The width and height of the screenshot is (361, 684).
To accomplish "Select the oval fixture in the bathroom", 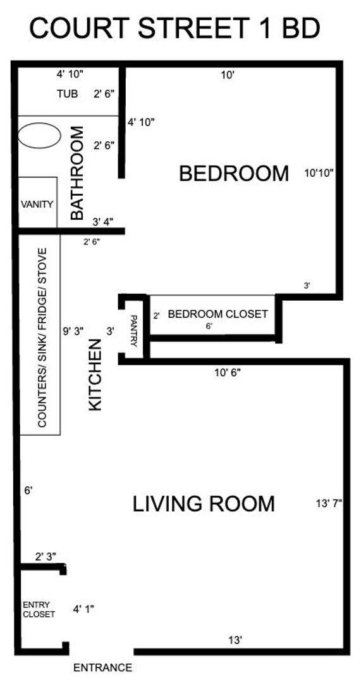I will tap(39, 135).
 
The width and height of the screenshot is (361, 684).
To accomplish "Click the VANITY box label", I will tap(37, 205).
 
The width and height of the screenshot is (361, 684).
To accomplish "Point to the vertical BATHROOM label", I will tap(76, 174).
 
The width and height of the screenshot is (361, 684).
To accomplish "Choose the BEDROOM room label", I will tap(233, 173).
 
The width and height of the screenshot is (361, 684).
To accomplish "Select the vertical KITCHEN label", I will tap(95, 376).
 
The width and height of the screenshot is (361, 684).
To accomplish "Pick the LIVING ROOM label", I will tap(204, 504).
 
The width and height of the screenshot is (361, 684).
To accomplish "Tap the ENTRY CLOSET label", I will tap(39, 609).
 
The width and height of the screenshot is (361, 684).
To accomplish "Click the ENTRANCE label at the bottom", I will tap(103, 668).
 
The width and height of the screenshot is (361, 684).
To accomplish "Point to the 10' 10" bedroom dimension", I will tap(319, 172).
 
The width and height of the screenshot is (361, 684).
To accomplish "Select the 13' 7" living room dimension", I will tap(328, 504).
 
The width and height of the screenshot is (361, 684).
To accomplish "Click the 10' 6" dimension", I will tap(227, 372).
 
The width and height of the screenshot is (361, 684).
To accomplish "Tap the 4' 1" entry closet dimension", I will tap(83, 609).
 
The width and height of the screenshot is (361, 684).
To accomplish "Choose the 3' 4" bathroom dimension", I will tap(103, 222).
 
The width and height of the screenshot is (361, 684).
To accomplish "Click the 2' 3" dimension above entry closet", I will tap(46, 557).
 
